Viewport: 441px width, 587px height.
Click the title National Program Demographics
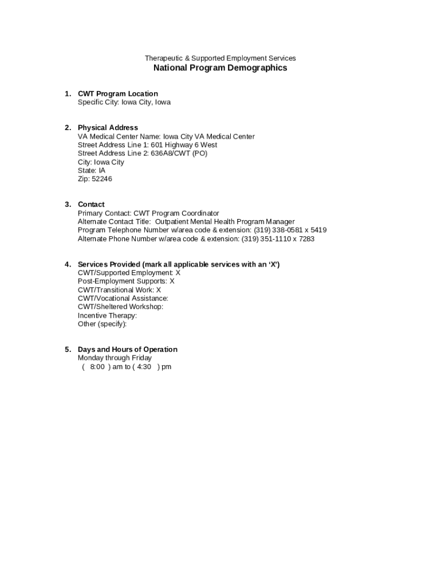click(x=220, y=68)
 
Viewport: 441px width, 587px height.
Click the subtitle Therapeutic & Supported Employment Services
click(x=220, y=58)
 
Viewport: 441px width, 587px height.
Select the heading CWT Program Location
click(x=117, y=94)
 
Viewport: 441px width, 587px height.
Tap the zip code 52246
click(x=102, y=179)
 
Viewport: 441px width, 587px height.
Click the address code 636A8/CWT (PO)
click(x=179, y=154)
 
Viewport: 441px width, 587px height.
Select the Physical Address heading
click(x=108, y=128)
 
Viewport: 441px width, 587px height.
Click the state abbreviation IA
click(x=102, y=170)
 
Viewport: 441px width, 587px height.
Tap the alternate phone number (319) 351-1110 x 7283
click(x=278, y=239)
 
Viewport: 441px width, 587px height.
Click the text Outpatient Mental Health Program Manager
click(x=225, y=222)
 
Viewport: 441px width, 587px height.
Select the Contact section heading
click(x=91, y=205)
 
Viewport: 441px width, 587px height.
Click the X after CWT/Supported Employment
click(x=178, y=273)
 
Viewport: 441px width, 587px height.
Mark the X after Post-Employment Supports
click(x=172, y=281)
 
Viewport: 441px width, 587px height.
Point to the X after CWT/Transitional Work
click(x=159, y=290)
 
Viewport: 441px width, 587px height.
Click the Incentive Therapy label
click(x=107, y=315)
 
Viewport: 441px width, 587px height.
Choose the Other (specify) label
click(x=102, y=324)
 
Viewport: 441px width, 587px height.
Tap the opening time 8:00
click(x=97, y=367)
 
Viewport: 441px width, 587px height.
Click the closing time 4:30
click(x=144, y=367)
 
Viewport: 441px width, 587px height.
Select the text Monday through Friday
click(x=115, y=358)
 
